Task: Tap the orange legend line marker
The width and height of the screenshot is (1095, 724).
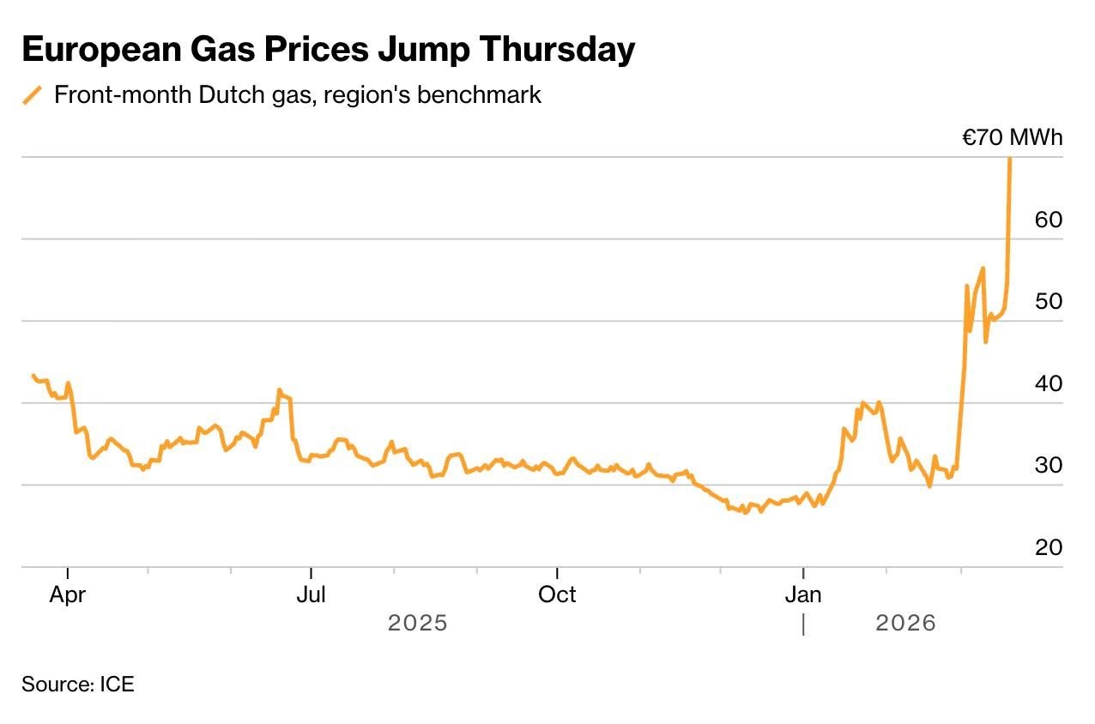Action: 33,95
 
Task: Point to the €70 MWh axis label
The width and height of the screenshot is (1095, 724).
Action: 1012,138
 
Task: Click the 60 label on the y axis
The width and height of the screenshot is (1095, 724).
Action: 1049,220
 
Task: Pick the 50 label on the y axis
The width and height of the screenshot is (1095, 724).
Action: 1049,302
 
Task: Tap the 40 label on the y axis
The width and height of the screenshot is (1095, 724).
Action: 1049,383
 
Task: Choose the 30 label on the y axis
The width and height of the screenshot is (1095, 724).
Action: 1049,465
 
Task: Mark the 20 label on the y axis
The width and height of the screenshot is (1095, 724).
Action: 1049,547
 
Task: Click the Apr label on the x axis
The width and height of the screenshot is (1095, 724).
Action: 68,594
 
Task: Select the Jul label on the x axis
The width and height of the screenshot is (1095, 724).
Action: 311,594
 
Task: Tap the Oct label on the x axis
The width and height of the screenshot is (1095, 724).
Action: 557,594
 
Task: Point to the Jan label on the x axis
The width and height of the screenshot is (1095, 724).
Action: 803,594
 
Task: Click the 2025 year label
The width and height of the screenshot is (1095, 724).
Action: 418,623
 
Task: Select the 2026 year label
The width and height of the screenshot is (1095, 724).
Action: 905,623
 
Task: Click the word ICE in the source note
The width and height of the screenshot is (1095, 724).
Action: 118,685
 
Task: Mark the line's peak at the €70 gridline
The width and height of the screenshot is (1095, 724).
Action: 1010,159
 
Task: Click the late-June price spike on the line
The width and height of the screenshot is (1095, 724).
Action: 279,390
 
